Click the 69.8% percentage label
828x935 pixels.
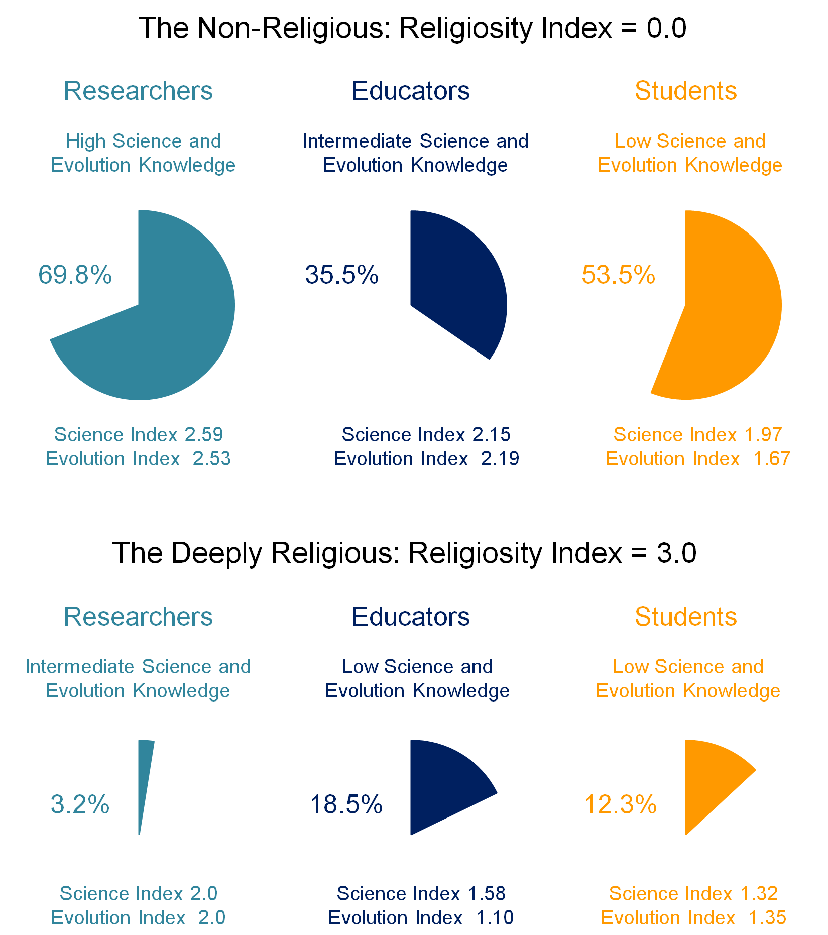75,275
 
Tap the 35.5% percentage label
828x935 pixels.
342,275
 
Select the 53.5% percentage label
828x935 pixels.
619,275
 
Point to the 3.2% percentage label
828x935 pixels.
80,804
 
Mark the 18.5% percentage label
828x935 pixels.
346,804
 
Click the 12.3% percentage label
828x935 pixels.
621,804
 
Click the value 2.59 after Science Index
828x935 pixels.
203,434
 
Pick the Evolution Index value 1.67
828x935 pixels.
772,459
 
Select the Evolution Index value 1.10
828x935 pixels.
495,918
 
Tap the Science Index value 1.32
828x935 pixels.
759,894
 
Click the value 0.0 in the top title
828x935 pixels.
666,28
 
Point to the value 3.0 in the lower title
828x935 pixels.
676,553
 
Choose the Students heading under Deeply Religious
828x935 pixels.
686,617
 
